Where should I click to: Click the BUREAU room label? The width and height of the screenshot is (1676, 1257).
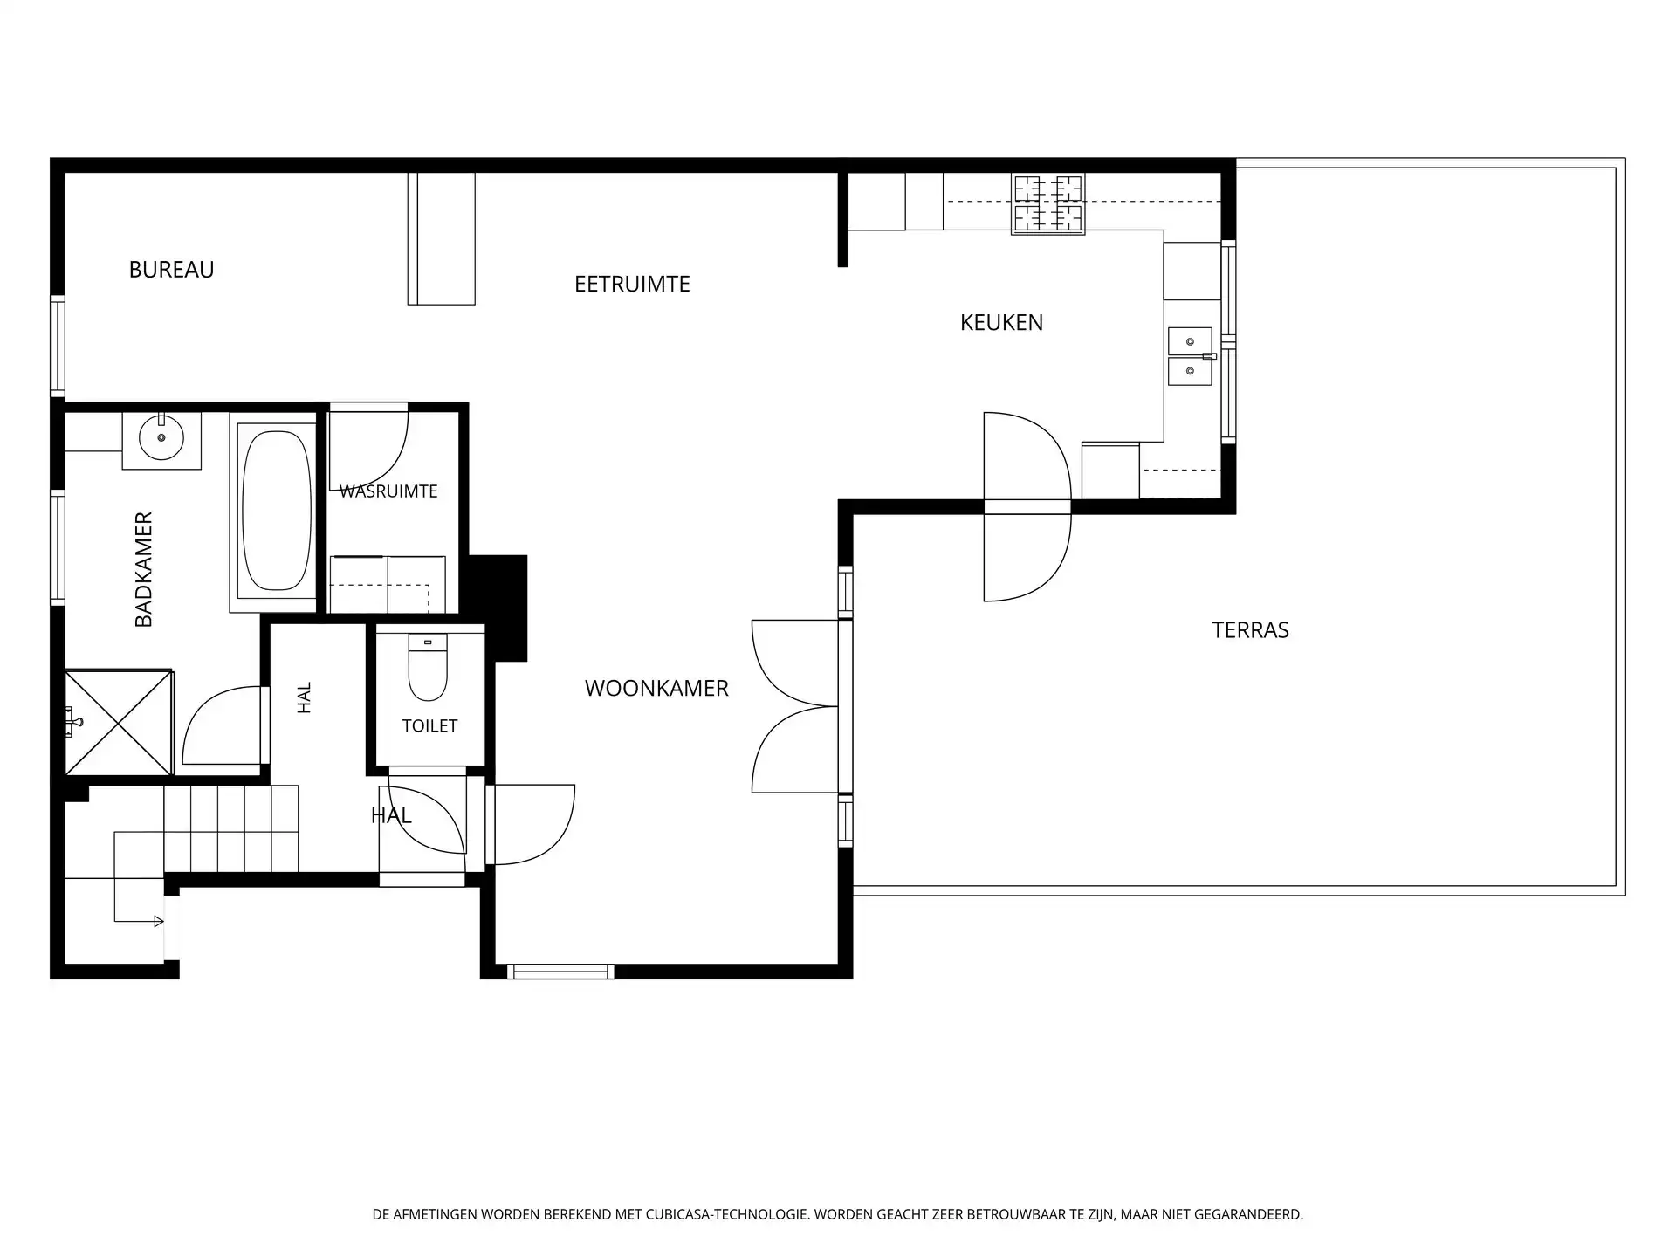pos(171,270)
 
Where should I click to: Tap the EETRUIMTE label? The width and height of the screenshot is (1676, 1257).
pos(632,284)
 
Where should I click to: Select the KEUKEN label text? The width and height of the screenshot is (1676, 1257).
pos(1001,322)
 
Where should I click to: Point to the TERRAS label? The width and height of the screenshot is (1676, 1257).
pos(1250,629)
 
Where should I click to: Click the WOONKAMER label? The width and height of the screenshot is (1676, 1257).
pos(656,688)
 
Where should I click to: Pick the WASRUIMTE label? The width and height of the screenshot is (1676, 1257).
pos(388,491)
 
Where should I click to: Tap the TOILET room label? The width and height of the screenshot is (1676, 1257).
pos(429,725)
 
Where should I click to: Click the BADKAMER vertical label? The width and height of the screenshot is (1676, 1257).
pos(144,569)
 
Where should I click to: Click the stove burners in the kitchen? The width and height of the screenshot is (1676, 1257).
pos(1047,204)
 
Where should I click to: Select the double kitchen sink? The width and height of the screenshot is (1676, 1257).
pos(1190,356)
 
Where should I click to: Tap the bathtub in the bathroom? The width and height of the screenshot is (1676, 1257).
pos(276,511)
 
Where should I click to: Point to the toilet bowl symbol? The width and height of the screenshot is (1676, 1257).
pos(428,668)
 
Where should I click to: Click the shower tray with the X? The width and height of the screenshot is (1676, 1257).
pos(119,722)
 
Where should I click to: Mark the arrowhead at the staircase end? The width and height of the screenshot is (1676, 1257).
pos(159,921)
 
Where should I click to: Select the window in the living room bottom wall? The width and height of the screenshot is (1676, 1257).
pos(560,972)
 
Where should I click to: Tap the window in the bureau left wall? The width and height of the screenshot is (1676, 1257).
pos(58,346)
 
